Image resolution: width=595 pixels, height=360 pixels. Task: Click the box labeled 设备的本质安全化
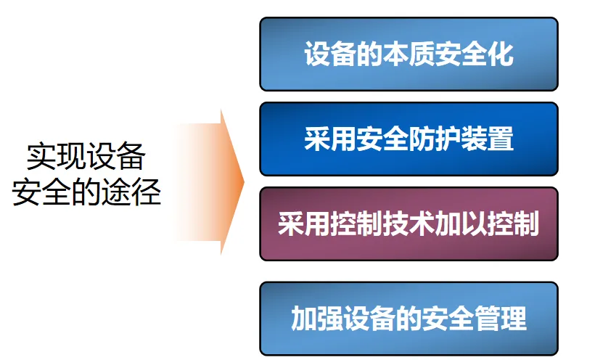click(409, 54)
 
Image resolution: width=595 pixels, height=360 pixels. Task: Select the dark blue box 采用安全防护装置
click(409, 139)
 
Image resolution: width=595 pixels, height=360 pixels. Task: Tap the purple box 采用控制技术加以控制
click(409, 224)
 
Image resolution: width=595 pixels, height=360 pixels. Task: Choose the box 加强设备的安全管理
click(409, 319)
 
